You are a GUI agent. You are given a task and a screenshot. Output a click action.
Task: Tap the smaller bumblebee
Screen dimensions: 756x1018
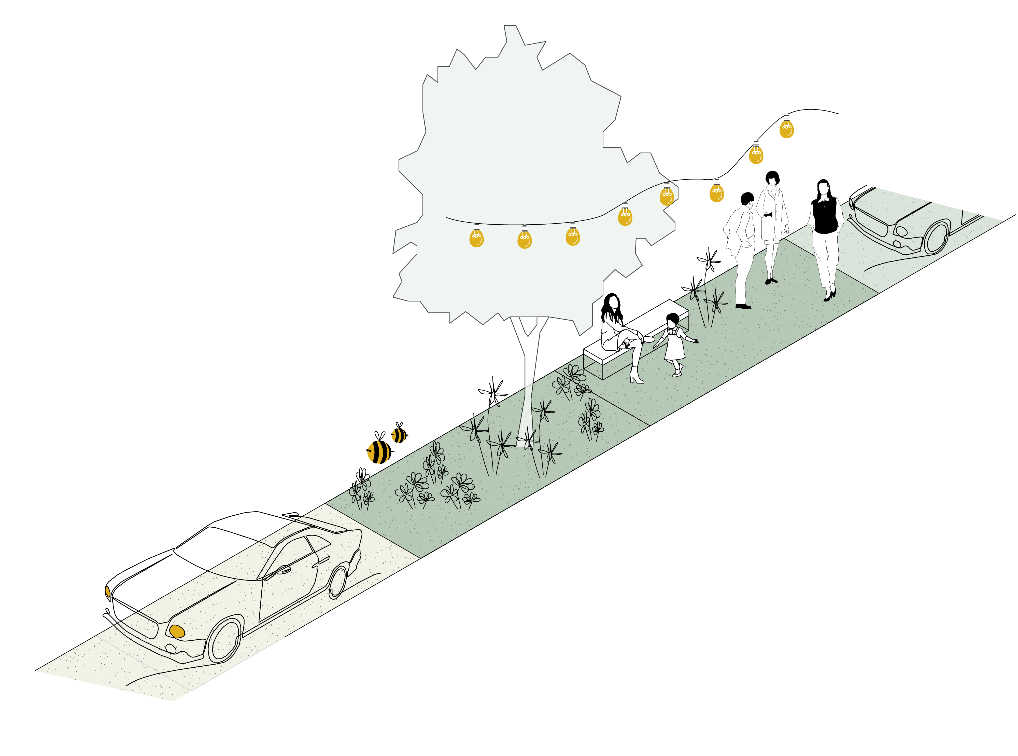[x=399, y=435]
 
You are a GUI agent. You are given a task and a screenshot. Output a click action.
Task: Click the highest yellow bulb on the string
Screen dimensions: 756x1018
[x=787, y=130]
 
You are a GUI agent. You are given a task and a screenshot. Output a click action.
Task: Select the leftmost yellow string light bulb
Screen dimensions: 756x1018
[x=476, y=238]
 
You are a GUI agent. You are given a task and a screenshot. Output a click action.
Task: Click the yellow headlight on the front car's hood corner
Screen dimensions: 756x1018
[x=108, y=591]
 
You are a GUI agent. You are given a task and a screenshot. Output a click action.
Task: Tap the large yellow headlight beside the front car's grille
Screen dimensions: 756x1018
[x=177, y=631]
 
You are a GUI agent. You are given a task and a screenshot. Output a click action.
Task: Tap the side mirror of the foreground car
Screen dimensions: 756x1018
[x=283, y=570]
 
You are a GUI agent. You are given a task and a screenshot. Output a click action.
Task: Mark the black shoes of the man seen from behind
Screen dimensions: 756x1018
[x=743, y=306]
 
